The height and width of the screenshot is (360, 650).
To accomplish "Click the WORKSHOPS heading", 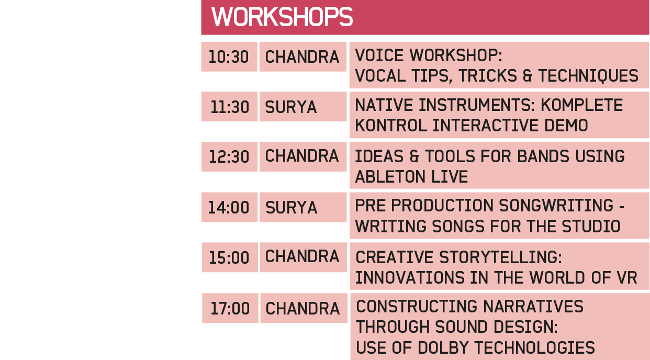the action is pyautogui.click(x=282, y=17).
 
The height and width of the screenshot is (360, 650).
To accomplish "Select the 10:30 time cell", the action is pyautogui.click(x=229, y=57).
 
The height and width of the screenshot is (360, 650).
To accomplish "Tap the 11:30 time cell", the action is pyautogui.click(x=229, y=107).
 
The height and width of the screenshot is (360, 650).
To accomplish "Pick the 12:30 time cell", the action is pyautogui.click(x=229, y=156).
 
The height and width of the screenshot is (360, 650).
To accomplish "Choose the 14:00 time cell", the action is pyautogui.click(x=229, y=207).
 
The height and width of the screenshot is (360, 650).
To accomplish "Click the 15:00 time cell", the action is pyautogui.click(x=230, y=257).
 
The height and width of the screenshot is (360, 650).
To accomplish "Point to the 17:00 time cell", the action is pyautogui.click(x=230, y=308).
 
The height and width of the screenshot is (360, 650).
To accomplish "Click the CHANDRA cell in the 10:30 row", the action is pyautogui.click(x=302, y=57).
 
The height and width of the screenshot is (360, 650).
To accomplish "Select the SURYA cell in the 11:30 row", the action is pyautogui.click(x=303, y=107).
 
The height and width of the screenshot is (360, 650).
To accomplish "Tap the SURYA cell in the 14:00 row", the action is pyautogui.click(x=303, y=207).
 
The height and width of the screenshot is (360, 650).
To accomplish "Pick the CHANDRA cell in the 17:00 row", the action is pyautogui.click(x=304, y=308).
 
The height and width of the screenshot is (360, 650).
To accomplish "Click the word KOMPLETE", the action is pyautogui.click(x=581, y=105).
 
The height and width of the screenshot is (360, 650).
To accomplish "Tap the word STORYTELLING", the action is pyautogui.click(x=500, y=257).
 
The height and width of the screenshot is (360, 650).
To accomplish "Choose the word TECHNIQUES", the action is pyautogui.click(x=588, y=76).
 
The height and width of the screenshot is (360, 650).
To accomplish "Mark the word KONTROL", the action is pyautogui.click(x=391, y=125).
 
